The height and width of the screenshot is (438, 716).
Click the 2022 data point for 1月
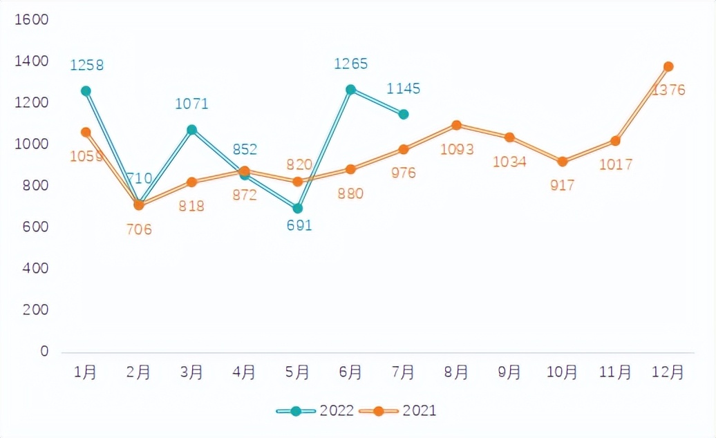(86, 91)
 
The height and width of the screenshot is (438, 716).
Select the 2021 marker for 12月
(668, 66)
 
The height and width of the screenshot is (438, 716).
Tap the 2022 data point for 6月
(350, 89)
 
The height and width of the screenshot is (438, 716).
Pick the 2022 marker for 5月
(297, 208)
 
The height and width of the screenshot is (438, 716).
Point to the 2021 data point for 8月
(456, 125)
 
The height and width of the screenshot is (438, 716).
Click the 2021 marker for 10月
(563, 162)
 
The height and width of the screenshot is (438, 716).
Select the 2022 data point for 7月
(404, 114)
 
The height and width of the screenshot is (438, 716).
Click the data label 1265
(350, 64)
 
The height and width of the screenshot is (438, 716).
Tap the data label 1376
(668, 90)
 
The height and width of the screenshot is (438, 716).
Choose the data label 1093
(457, 149)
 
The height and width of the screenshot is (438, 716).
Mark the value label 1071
(191, 104)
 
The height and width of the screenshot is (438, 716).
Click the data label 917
(563, 185)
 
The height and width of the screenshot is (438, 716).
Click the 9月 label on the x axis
(509, 372)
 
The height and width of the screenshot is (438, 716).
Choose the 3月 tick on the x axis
(191, 372)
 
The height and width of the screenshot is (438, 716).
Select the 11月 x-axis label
(615, 372)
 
